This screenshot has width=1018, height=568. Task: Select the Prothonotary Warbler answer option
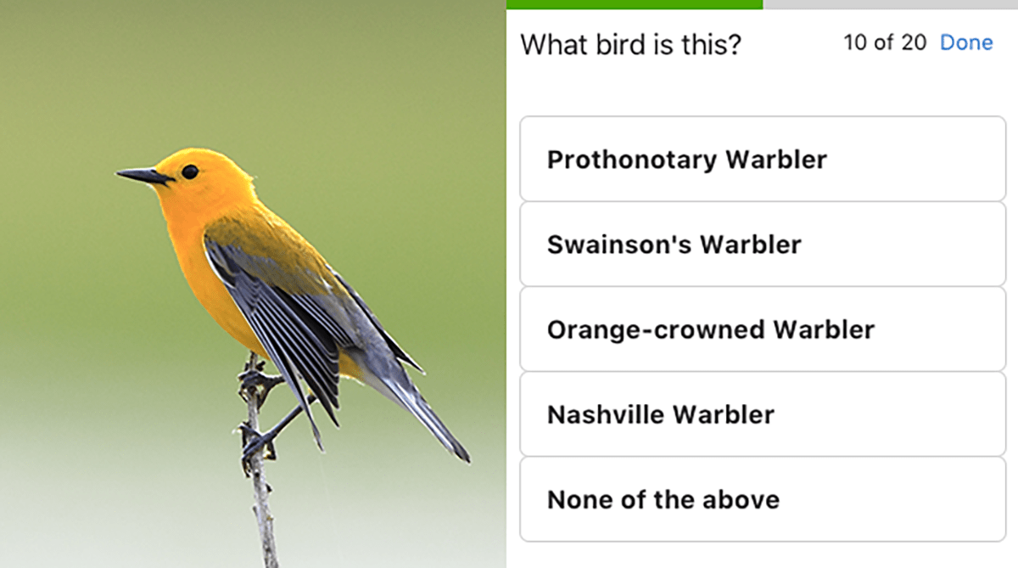[x=762, y=160]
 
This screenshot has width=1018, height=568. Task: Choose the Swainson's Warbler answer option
[x=762, y=245]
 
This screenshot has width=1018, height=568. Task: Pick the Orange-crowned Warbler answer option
[x=762, y=329]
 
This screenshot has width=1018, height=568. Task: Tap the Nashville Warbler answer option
[x=762, y=414]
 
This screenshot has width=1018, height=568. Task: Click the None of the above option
[x=762, y=499]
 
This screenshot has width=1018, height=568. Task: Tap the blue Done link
[x=966, y=42]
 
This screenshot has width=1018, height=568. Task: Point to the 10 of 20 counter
[x=885, y=42]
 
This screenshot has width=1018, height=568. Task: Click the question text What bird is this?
[x=630, y=44]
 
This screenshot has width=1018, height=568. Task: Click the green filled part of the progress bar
[x=634, y=4]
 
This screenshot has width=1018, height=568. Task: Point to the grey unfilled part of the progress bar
[x=891, y=4]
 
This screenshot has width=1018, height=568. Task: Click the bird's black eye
[x=189, y=172]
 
